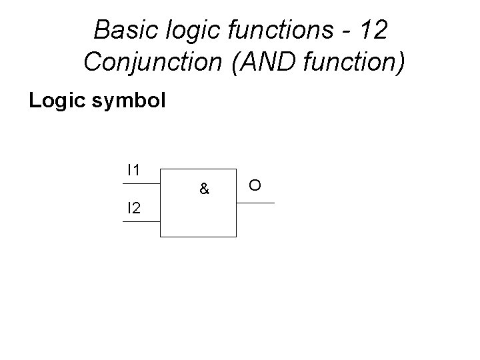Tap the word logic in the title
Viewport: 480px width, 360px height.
click(x=183, y=30)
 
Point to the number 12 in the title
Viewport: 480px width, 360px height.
click(x=370, y=30)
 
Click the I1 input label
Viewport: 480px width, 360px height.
click(x=133, y=170)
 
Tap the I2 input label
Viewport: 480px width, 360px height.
click(x=134, y=209)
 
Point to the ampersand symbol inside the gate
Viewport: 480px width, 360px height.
click(x=205, y=190)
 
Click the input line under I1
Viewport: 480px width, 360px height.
click(x=141, y=183)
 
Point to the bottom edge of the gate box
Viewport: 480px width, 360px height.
click(x=198, y=237)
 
